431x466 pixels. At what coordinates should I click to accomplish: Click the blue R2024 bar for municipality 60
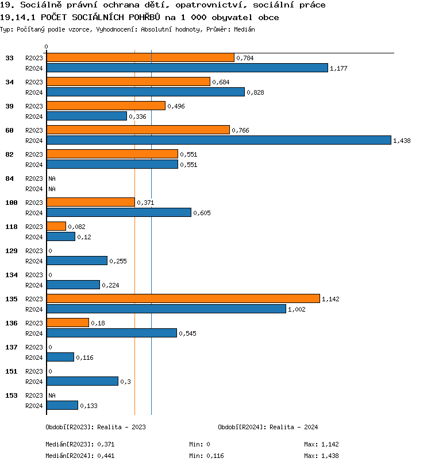[218, 140]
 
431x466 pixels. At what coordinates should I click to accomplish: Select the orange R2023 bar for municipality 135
[183, 298]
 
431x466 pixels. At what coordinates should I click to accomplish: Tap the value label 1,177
[339, 68]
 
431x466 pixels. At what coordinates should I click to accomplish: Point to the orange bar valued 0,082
[56, 226]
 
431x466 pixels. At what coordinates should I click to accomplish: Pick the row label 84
[9, 178]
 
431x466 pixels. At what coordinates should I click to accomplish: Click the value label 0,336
[138, 116]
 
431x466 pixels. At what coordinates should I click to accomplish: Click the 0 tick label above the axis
[47, 47]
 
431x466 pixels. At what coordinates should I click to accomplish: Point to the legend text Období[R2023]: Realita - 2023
[95, 427]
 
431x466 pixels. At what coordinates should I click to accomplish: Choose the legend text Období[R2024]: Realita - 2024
[268, 427]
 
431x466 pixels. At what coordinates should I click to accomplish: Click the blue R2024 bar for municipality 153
[62, 405]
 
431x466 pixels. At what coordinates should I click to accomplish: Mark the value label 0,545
[187, 333]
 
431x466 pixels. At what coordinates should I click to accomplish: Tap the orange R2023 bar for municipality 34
[128, 81]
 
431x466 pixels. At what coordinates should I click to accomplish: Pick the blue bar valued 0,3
[82, 381]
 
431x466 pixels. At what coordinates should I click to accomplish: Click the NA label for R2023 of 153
[52, 395]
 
